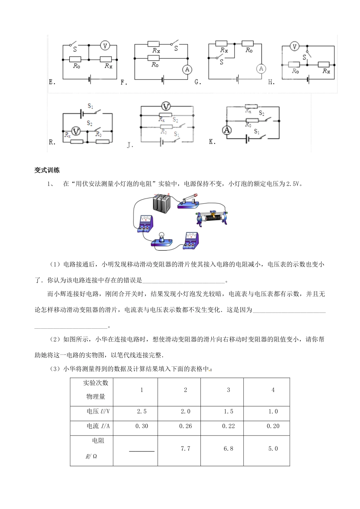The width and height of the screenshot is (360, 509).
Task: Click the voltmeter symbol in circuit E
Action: click(x=105, y=46)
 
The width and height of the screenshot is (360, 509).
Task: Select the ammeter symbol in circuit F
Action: click(x=187, y=69)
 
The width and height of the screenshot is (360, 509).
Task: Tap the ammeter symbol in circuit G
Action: click(x=261, y=69)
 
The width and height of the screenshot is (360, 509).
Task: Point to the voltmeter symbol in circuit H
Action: click(x=294, y=47)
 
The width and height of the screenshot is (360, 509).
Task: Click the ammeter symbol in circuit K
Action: click(x=227, y=130)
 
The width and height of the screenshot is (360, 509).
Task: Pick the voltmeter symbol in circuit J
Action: click(x=166, y=106)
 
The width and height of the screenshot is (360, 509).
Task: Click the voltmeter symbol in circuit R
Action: click(x=76, y=131)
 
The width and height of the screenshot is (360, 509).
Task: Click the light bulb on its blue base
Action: click(x=161, y=239)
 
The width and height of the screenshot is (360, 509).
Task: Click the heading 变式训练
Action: click(x=47, y=170)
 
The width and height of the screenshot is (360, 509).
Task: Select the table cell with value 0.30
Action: click(x=142, y=426)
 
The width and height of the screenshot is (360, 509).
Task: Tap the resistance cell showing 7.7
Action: click(x=185, y=448)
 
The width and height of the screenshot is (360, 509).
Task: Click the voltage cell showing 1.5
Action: click(x=229, y=411)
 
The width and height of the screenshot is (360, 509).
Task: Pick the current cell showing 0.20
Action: click(x=273, y=426)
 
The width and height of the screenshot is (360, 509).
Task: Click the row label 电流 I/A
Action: click(x=98, y=426)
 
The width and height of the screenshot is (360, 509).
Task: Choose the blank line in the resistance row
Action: click(x=142, y=451)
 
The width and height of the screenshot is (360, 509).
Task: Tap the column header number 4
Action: click(x=273, y=390)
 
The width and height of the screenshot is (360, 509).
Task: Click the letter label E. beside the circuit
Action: click(x=52, y=82)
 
